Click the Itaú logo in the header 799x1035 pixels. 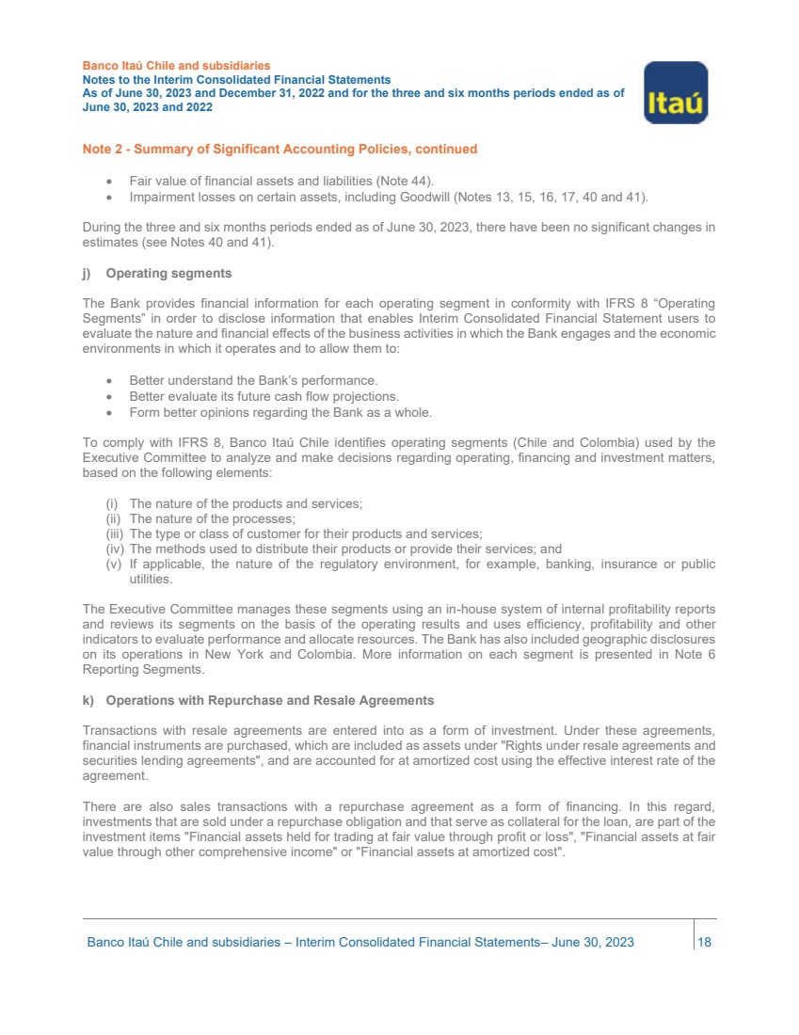click(675, 92)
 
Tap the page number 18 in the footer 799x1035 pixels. click(704, 942)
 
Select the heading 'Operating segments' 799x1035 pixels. click(168, 274)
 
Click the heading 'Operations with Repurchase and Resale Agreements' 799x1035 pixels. click(270, 700)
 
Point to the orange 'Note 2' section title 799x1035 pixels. click(280, 149)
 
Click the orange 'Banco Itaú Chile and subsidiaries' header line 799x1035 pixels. click(177, 66)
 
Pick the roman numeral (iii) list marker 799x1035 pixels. click(114, 533)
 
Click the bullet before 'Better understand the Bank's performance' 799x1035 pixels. click(111, 381)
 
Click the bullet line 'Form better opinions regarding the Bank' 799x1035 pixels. click(280, 412)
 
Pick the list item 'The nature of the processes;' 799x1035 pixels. click(213, 518)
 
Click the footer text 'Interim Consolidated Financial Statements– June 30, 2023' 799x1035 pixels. click(465, 942)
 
